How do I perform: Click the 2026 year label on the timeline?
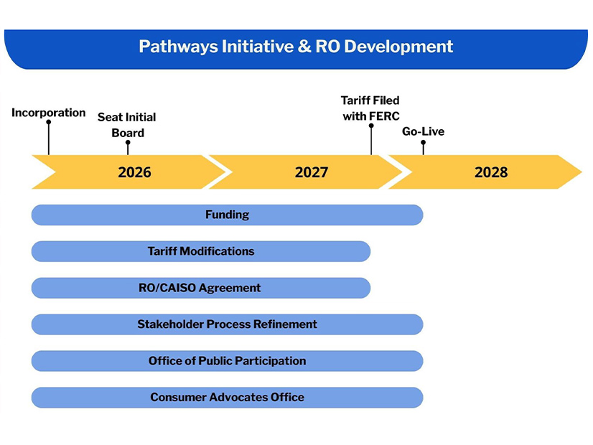point(134,172)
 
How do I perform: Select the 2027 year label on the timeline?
point(312,172)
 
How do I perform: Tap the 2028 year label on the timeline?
point(491,172)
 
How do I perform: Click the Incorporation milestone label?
point(48,113)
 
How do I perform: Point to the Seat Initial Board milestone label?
point(127,125)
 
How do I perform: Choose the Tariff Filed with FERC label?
point(370,108)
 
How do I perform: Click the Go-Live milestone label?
point(423,131)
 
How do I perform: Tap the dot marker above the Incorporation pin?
point(48,122)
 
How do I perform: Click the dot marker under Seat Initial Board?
point(128,143)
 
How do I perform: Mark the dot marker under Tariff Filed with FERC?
point(371,126)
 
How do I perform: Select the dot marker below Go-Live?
point(423,143)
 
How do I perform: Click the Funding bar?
point(227,215)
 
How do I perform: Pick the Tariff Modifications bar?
point(201,251)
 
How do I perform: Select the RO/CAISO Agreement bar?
point(201,288)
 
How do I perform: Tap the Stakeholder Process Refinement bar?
point(227,324)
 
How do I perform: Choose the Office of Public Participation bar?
point(227,361)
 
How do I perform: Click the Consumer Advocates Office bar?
point(227,398)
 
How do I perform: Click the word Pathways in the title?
point(179,47)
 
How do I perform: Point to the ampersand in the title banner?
point(304,47)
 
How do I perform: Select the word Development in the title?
point(398,47)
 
